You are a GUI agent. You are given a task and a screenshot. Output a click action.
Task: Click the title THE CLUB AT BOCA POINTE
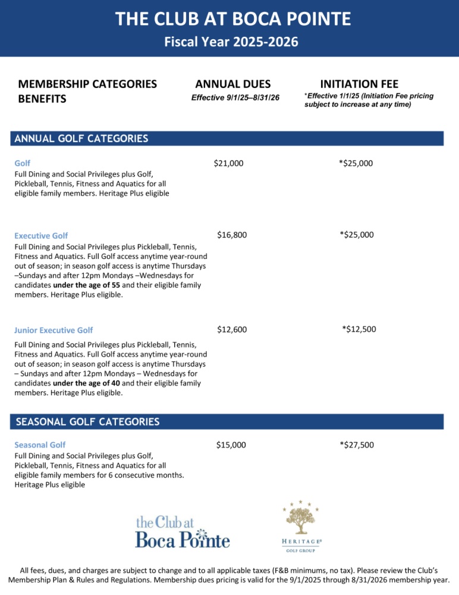click(x=233, y=19)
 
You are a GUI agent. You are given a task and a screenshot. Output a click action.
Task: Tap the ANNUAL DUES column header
click(x=232, y=84)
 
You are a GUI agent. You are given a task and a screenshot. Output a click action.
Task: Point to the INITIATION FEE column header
click(x=359, y=84)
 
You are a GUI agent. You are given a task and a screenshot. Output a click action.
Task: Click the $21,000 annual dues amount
click(x=228, y=163)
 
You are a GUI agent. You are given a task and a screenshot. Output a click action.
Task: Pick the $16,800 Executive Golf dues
click(x=232, y=235)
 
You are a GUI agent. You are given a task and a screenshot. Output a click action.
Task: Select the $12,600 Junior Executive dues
click(x=232, y=330)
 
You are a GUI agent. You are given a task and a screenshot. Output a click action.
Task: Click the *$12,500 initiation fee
click(x=359, y=330)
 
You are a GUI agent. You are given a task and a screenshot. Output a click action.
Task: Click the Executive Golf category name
click(x=41, y=236)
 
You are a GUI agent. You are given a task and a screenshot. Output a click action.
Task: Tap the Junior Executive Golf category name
click(x=54, y=330)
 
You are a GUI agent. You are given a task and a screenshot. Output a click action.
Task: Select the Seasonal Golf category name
click(x=40, y=445)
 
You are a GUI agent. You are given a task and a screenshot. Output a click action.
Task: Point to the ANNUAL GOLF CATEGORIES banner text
click(x=81, y=139)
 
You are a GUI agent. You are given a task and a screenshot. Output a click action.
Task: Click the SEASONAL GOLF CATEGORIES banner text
click(x=87, y=422)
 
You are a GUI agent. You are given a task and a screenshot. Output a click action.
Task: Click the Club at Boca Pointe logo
click(x=183, y=531)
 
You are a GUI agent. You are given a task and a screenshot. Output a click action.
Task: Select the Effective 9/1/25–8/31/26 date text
click(x=235, y=98)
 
